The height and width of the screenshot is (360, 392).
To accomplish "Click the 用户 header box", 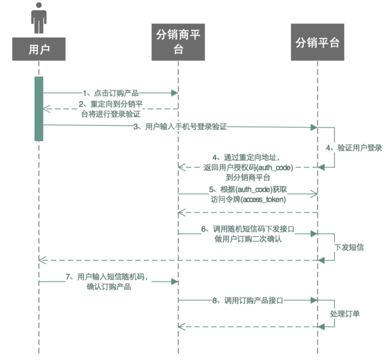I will point(39,49).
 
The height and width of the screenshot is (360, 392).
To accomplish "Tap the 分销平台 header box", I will point(318,43).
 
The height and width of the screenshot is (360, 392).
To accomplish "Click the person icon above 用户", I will point(39,18).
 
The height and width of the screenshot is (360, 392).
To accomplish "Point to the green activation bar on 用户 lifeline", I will point(39,109).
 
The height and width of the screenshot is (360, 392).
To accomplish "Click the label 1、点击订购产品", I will point(111,92).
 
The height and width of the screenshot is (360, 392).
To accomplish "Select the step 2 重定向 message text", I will point(111,109).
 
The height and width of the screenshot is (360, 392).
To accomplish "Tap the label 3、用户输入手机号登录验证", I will point(180,127).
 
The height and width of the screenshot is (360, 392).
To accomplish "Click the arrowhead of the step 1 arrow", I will point(174,93).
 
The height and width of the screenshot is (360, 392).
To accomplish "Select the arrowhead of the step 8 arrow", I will point(313,299).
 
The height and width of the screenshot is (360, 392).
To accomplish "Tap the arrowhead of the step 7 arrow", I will point(174,281).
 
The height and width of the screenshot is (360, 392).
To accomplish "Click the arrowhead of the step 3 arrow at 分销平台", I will point(313,127).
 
